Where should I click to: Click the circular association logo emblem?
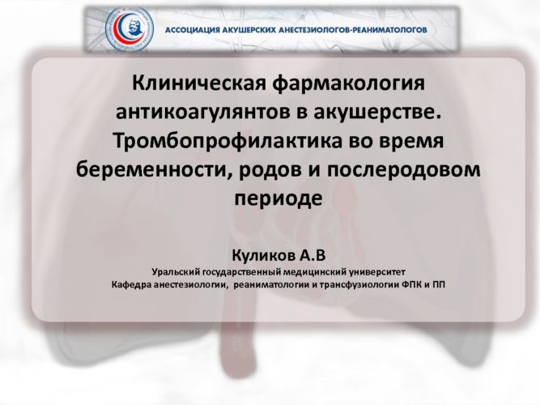click(130, 29)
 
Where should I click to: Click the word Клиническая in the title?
click(199, 83)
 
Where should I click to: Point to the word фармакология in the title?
click(348, 83)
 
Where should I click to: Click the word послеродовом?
click(403, 170)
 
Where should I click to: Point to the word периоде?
click(279, 199)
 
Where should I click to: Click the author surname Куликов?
click(263, 256)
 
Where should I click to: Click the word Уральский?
click(176, 272)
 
